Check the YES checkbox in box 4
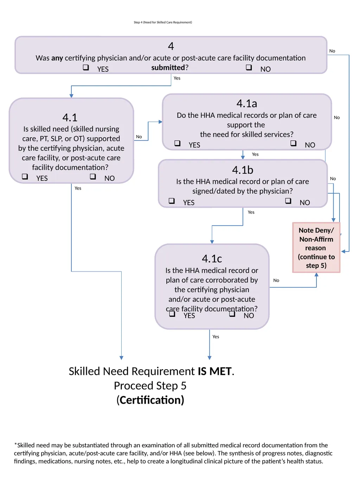[x=86, y=67]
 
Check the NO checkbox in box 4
[x=249, y=67]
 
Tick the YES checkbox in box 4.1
[x=25, y=176]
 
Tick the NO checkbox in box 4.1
[x=93, y=176]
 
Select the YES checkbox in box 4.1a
[x=177, y=143]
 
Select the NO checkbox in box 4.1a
[x=293, y=143]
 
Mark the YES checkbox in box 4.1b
[x=172, y=200]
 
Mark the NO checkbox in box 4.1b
[x=288, y=200]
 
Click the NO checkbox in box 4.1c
[x=232, y=314]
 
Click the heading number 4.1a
[x=246, y=103]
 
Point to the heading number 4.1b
[x=243, y=170]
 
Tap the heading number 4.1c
[x=212, y=258]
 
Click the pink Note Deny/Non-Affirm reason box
[x=316, y=248]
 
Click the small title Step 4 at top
[x=163, y=22]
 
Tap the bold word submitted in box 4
[x=168, y=68]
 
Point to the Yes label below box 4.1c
[x=216, y=337]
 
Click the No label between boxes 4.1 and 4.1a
[x=139, y=137]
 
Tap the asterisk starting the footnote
[x=15, y=444]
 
